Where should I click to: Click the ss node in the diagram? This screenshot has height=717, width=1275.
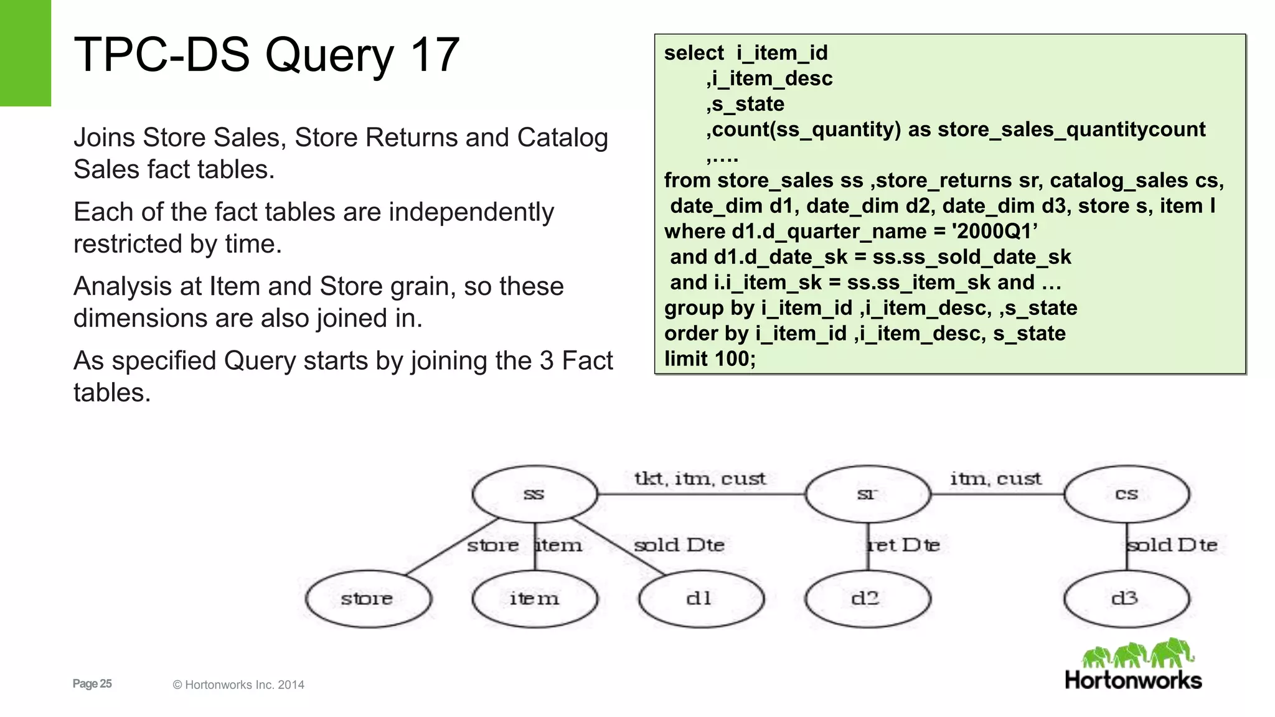coord(535,494)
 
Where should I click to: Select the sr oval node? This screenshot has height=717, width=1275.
coord(867,494)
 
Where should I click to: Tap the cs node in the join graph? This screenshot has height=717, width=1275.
coord(1126,494)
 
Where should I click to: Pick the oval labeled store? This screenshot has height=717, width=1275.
coord(368,598)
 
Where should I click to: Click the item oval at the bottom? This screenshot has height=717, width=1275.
coord(535,598)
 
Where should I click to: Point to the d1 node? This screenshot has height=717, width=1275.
coord(700,598)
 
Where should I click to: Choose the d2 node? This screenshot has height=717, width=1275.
coord(867,598)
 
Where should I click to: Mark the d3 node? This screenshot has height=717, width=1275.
coord(1126,598)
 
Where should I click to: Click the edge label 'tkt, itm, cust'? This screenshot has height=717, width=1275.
coord(700,478)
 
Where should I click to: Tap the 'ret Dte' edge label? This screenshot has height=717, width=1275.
coord(904,545)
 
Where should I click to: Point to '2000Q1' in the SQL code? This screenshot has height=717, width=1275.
coord(994,231)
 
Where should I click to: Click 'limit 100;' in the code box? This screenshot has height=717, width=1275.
coord(710,358)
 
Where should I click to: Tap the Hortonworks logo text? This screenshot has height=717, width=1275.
coord(1133,680)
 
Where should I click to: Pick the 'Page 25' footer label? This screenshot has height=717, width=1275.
coord(92,683)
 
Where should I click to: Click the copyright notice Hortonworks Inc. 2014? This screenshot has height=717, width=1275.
coord(238,685)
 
